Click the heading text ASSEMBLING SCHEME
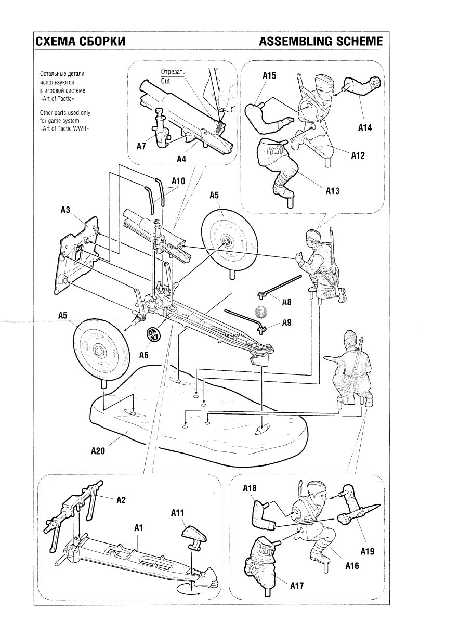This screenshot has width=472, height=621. (x=321, y=42)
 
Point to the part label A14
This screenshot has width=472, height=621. (x=365, y=127)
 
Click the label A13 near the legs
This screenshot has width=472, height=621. (x=333, y=191)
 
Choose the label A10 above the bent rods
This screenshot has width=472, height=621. (x=179, y=182)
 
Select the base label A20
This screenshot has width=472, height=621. (x=98, y=451)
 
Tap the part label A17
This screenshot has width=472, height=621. (x=297, y=586)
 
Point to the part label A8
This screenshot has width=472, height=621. (x=287, y=302)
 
